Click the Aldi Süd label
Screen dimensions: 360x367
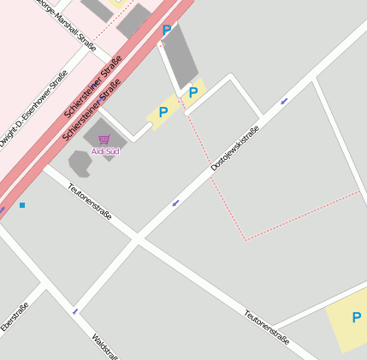coord(105,151)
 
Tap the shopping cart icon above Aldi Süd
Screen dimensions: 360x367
coord(104,139)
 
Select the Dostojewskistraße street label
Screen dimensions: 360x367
coord(234,150)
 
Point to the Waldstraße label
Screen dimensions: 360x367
coord(105,346)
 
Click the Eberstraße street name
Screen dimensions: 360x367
coord(15,316)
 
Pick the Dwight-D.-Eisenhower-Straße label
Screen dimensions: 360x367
coord(33,109)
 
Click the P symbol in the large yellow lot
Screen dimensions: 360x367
coord(356,318)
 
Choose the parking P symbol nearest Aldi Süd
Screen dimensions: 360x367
coord(163,112)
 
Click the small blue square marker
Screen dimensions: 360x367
coord(22,205)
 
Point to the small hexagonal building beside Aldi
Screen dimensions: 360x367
coord(80,162)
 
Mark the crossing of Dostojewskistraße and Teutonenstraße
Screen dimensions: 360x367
coord(137,239)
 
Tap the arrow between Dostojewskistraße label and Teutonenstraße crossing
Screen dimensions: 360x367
coord(175,204)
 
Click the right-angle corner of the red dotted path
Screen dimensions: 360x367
coord(246,239)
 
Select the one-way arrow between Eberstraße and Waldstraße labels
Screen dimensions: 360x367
coord(74,311)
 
